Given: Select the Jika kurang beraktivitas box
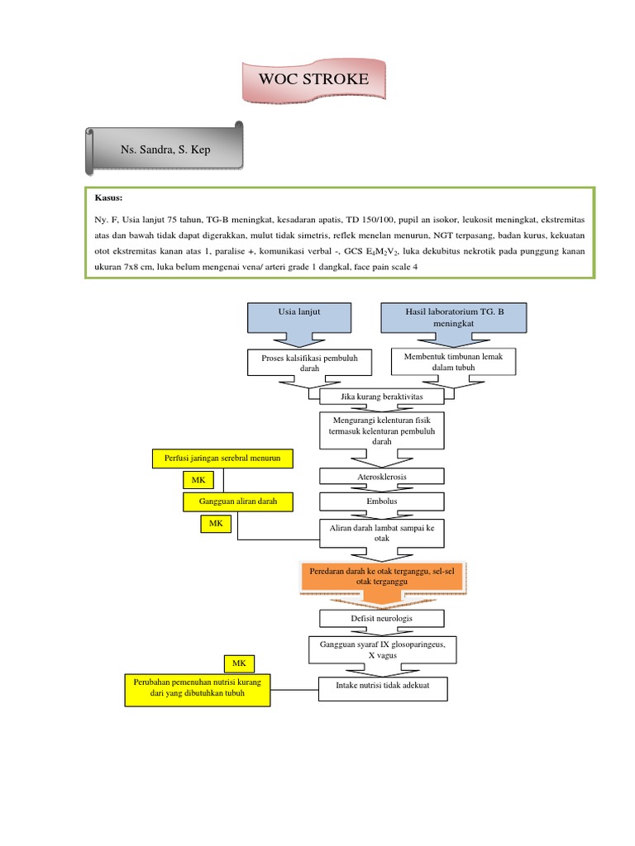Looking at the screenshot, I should [381, 397].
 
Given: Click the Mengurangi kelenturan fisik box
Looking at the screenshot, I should [381, 430].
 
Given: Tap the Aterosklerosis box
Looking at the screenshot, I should [381, 477].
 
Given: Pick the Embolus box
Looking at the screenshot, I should [381, 501].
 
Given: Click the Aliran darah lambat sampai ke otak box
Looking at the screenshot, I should [381, 532].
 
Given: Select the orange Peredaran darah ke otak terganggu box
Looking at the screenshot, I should [381, 576].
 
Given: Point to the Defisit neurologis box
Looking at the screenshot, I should [381, 618].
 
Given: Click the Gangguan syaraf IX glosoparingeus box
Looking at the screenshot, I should [381, 649].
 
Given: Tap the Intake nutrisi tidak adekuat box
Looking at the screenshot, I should [381, 687].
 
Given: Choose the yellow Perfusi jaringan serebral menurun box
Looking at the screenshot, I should [223, 457].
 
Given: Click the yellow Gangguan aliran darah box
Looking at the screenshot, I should [237, 501].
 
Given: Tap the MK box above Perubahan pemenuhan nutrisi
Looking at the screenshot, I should [239, 663].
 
